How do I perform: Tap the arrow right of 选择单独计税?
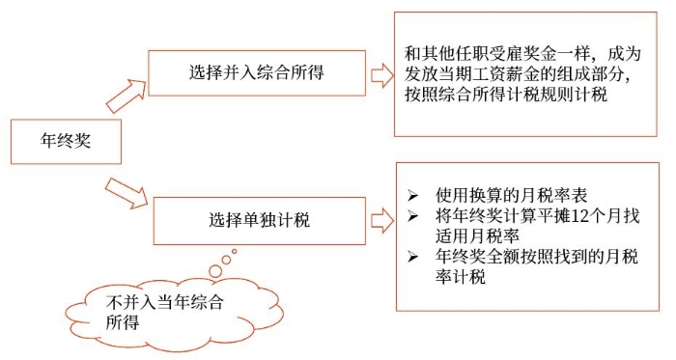[x=381, y=217]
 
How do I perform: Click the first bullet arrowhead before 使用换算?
[x=413, y=189]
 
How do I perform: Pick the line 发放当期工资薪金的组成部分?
[x=522, y=75]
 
